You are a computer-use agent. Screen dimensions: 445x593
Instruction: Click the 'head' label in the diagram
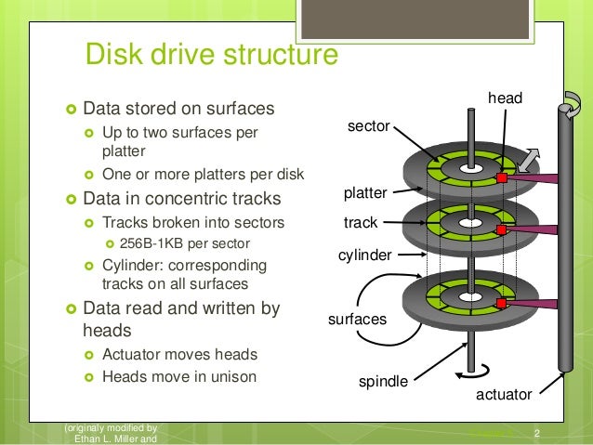point(506,98)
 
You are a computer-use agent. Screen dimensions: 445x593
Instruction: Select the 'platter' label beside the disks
point(365,193)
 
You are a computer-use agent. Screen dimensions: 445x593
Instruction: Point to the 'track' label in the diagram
point(361,223)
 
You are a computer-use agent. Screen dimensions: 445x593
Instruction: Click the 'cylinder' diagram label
point(363,255)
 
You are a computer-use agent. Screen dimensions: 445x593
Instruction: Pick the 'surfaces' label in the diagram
point(356,319)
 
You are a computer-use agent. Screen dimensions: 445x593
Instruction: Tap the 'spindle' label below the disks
point(382,381)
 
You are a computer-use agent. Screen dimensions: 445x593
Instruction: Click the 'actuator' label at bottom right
point(504,395)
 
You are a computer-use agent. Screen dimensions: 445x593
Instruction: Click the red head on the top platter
point(501,177)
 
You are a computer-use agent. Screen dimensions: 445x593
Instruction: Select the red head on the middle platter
point(501,229)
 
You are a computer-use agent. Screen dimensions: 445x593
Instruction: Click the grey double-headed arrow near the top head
point(530,159)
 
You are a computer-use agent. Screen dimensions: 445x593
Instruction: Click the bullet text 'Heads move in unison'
point(178,377)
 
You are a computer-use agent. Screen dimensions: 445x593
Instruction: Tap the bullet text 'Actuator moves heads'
point(178,354)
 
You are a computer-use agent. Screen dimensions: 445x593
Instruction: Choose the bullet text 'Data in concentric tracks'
point(182,198)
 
